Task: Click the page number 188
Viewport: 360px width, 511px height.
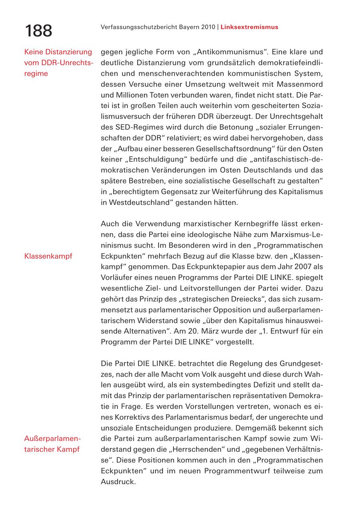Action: click(38, 31)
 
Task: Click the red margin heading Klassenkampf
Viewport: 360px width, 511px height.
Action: click(48, 256)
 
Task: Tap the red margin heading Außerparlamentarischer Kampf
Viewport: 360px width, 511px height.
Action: click(52, 444)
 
